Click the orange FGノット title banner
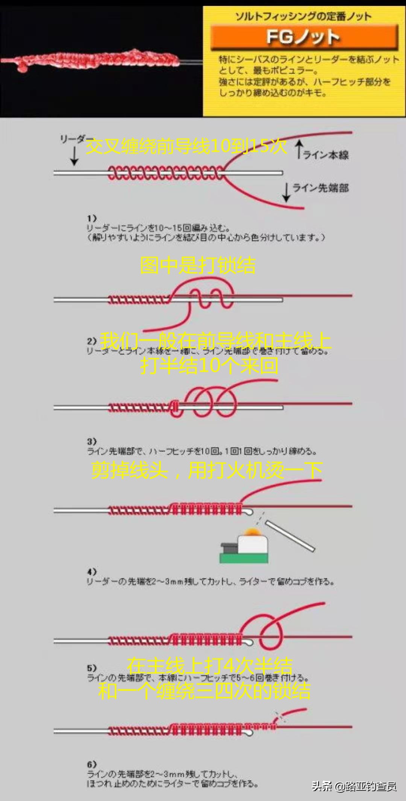[304, 37]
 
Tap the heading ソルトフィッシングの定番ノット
[303, 16]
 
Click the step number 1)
[92, 218]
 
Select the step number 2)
[92, 341]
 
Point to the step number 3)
[92, 441]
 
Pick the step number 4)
[92, 572]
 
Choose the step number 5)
[92, 668]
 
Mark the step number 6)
[92, 765]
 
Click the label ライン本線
[326, 155]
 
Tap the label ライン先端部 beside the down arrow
[320, 188]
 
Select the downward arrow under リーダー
[74, 156]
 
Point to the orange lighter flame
[252, 533]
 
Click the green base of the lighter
[244, 558]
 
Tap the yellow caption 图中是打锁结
[198, 265]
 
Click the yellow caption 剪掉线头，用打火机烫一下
[207, 470]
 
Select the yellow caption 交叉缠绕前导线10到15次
[186, 146]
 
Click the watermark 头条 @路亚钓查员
[354, 786]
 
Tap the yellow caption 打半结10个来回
[209, 365]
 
